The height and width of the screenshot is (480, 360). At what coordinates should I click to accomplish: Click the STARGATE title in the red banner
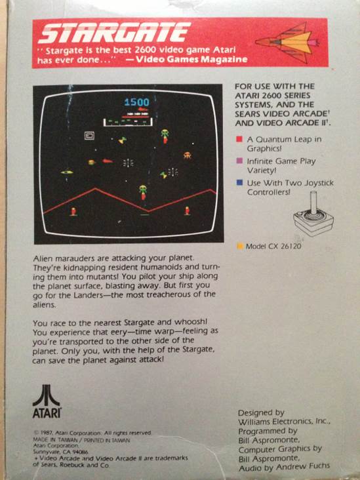coord(115,32)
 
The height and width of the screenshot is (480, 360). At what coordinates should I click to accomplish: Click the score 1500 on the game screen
coord(136,102)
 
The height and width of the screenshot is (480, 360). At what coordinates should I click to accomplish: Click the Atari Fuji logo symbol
coord(46,395)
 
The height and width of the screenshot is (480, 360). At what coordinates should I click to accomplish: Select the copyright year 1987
coord(47,433)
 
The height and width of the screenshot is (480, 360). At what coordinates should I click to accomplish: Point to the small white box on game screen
coord(90,135)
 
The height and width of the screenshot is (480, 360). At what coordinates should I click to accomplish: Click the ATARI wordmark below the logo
coord(47,414)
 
